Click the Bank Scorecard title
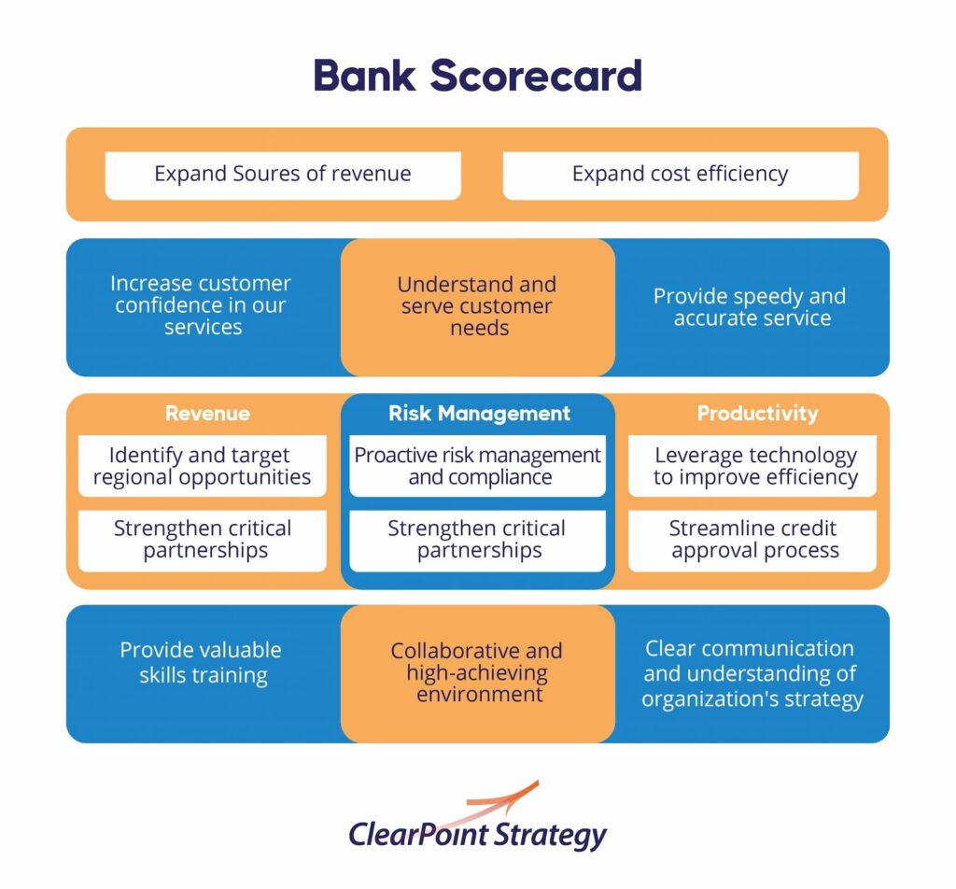coord(477,76)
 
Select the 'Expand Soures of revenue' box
coord(283,176)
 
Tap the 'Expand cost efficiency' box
coord(681,176)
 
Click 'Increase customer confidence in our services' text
coord(202,304)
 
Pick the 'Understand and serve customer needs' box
coord(478,307)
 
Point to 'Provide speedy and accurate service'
coord(750,306)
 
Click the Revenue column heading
coord(207,414)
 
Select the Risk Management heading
coord(479,414)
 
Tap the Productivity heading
coord(758,414)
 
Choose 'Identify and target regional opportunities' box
coord(203,466)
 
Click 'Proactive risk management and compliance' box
coord(478,466)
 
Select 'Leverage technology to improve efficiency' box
coord(752,466)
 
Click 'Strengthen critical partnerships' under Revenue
coord(203,541)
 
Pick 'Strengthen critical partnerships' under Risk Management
coord(478,541)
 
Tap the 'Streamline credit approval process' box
coord(752,541)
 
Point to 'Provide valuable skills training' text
coord(202,663)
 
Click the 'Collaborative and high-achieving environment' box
coord(478,674)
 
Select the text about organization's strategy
coord(752,674)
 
